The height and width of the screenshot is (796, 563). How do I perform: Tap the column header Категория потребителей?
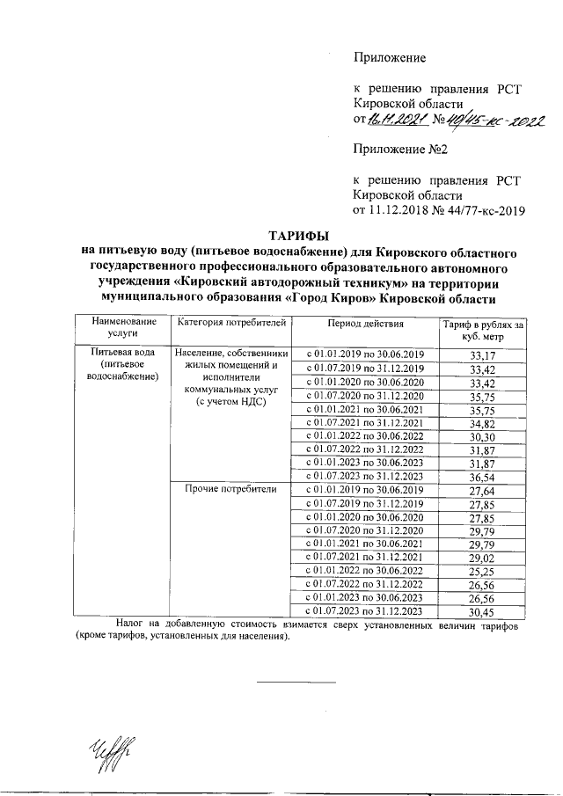(x=232, y=325)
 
